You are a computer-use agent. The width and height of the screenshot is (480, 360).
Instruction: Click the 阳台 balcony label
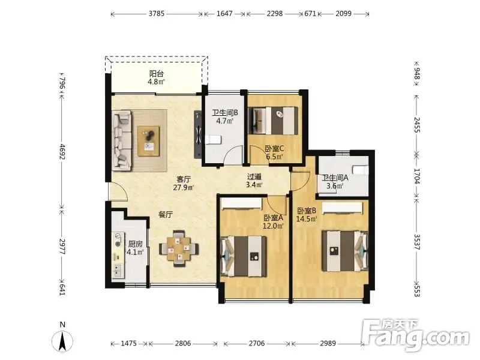(x=157, y=74)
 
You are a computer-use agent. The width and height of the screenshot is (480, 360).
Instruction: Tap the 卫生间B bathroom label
(x=225, y=113)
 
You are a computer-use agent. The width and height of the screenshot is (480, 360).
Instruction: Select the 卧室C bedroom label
(x=275, y=149)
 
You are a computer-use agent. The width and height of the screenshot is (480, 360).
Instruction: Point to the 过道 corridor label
(x=254, y=177)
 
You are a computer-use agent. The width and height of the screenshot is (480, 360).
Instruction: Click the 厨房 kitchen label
(x=136, y=244)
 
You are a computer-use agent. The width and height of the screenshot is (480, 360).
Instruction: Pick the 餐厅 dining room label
(x=166, y=215)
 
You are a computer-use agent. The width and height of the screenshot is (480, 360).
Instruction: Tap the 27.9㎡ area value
(x=183, y=188)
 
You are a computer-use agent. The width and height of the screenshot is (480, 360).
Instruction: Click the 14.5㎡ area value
(x=307, y=219)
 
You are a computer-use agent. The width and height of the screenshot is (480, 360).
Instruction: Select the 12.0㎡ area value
(x=273, y=226)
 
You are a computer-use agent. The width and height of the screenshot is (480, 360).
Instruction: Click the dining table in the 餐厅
(x=179, y=248)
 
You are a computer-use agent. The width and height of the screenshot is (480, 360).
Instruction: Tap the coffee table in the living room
(x=149, y=141)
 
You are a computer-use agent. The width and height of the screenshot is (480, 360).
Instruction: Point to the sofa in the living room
(x=122, y=140)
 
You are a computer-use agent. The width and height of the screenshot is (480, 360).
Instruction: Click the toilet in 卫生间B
(x=213, y=140)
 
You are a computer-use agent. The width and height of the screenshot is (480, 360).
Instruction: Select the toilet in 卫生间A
(x=361, y=170)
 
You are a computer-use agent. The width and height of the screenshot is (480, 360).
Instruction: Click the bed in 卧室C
(x=274, y=121)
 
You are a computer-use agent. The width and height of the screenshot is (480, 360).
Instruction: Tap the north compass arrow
(x=62, y=341)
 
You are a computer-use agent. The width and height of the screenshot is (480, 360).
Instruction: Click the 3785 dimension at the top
(x=157, y=13)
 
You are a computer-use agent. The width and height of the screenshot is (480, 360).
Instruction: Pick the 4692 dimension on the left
(x=62, y=152)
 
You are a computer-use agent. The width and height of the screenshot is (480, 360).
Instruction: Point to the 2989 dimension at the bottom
(x=328, y=343)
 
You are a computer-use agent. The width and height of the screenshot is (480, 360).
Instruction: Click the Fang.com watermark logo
(x=415, y=335)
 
